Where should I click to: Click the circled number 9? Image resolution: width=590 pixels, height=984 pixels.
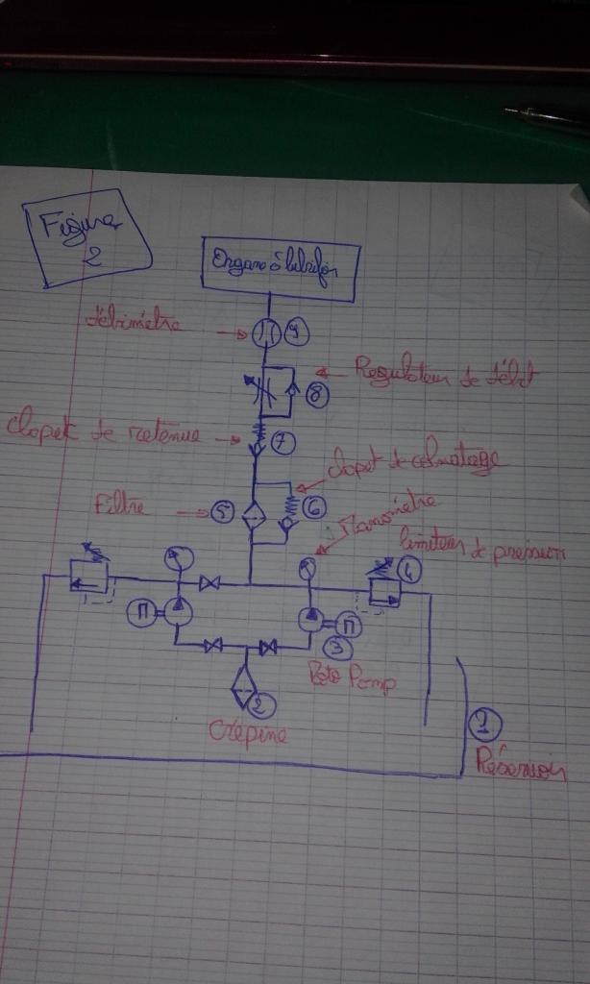[x=297, y=333]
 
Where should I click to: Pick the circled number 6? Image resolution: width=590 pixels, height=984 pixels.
[x=313, y=506]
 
